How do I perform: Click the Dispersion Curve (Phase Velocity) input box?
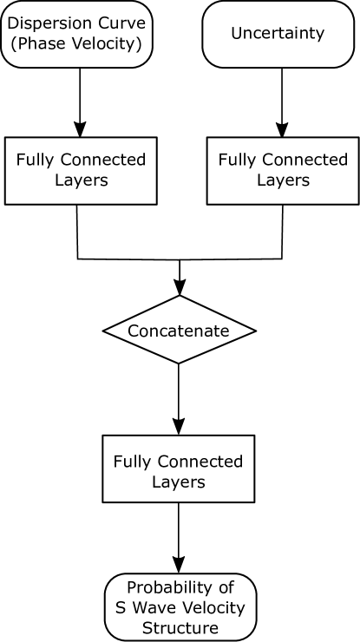click(76, 35)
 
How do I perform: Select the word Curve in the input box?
click(121, 23)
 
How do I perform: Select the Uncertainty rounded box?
click(278, 35)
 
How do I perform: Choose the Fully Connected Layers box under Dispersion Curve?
click(81, 170)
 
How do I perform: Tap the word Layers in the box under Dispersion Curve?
click(81, 180)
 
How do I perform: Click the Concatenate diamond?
click(179, 331)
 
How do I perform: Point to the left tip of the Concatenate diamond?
click(104, 331)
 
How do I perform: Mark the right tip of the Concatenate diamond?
click(254, 331)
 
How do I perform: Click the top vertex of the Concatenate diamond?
click(179, 298)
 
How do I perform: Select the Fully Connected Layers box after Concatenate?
click(179, 468)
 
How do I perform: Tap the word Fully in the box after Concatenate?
click(133, 461)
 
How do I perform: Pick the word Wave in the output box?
click(155, 607)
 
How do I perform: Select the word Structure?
click(180, 627)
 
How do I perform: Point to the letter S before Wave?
click(121, 607)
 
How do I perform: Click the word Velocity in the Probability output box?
click(212, 607)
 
